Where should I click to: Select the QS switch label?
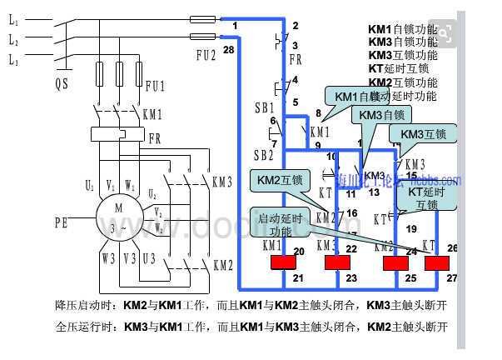[62, 83]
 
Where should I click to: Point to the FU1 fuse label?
[156, 86]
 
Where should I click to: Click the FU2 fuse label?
[206, 56]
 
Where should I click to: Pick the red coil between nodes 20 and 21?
[286, 263]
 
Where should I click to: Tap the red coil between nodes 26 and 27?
[438, 263]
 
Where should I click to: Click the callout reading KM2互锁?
[281, 179]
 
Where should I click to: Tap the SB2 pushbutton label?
[264, 155]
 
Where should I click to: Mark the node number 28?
[228, 51]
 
